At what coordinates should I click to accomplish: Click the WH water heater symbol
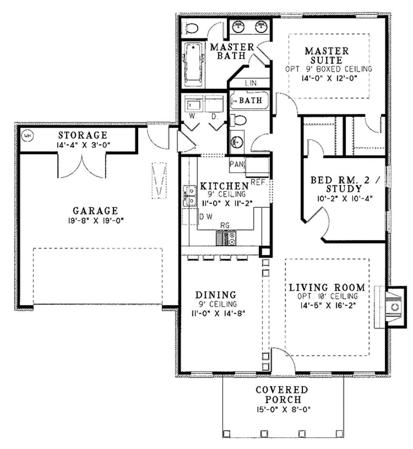point(27,135)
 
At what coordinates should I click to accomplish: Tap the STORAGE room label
point(83,134)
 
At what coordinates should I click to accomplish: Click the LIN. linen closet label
point(251,84)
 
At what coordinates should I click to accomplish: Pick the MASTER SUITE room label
point(327,56)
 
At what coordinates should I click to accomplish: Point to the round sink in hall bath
point(236,142)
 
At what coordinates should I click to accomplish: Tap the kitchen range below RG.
point(226,238)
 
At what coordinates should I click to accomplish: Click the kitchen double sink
point(189,195)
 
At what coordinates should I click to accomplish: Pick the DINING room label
point(216,294)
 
